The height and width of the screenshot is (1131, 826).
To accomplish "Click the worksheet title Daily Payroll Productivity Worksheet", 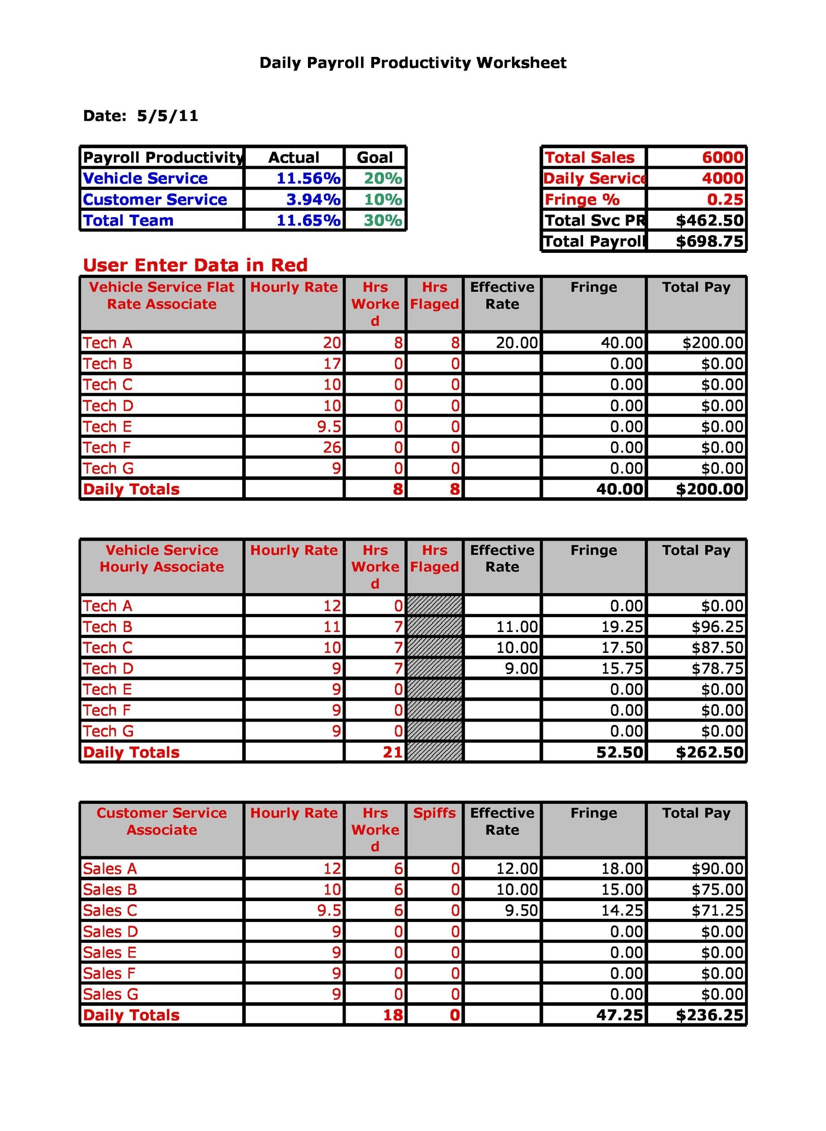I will point(413,63).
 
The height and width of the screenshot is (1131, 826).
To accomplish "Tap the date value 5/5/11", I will point(167,116).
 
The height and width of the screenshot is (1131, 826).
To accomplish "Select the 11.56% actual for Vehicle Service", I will point(308,179).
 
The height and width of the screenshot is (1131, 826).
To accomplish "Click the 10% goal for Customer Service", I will point(383,200).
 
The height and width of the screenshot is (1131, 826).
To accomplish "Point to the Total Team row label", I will point(128,220).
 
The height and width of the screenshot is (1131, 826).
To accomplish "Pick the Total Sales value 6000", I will point(722,157).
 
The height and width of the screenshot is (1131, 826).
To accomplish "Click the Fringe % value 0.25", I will point(725,200).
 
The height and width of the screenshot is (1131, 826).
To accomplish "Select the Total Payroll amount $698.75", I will point(709,242).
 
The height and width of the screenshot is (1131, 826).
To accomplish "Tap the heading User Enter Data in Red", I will point(195,265).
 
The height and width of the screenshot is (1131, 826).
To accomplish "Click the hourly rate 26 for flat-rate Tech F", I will point(332,447).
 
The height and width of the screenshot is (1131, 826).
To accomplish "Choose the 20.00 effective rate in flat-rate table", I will point(517,343).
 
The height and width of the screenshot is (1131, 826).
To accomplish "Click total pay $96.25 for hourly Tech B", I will point(717,627).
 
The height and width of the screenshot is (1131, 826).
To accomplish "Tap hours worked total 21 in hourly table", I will point(393,752).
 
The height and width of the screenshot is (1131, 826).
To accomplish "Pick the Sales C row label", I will point(110,911).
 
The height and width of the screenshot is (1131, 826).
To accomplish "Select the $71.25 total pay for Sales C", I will point(717,911).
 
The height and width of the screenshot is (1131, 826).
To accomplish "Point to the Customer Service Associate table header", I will point(161,822).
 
